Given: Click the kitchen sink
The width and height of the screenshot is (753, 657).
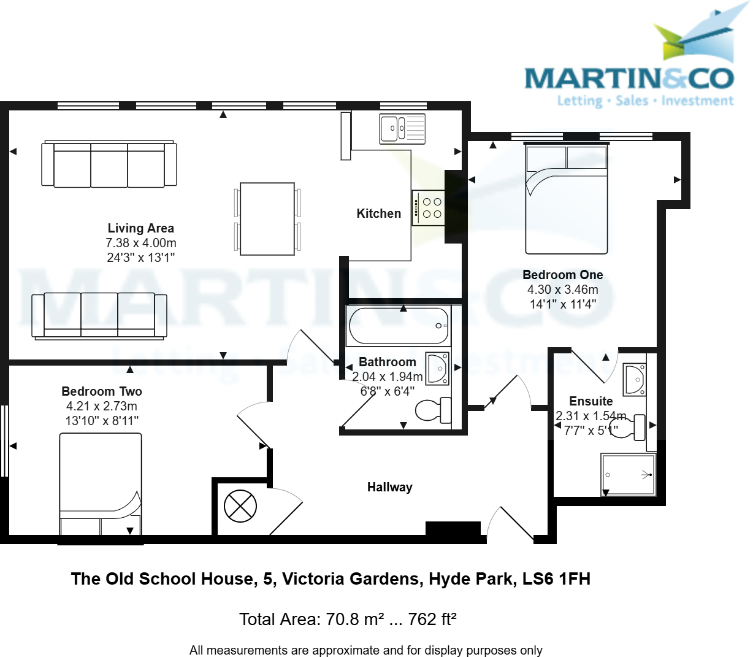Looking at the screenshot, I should coord(402,129).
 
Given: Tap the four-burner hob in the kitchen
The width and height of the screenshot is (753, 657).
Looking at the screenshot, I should coord(429,208).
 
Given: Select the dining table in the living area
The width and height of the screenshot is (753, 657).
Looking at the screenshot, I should coord(267,218).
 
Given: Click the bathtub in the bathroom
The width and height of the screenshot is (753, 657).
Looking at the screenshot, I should coord(399,326).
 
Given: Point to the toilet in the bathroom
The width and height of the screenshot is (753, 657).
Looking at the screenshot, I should coord(433,410).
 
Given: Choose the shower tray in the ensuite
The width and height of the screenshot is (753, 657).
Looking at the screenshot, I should coord(628,474).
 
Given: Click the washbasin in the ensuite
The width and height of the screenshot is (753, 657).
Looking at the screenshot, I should coord(634,380).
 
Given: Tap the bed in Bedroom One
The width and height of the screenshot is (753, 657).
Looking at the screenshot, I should coord(566,198).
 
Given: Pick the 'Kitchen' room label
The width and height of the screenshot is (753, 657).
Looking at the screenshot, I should coord(379,213).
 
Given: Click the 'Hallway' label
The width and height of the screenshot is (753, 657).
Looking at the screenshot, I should coord(390,487).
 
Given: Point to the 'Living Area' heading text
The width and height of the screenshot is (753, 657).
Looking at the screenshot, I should coord(140,228).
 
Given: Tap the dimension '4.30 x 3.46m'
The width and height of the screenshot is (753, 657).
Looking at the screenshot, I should coord(562,290).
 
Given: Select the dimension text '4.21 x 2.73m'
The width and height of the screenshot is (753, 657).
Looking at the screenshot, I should coord(102,406).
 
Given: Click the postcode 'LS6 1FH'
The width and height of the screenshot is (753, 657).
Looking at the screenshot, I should coord(556,578).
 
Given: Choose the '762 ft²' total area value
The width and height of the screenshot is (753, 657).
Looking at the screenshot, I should coord(432,619).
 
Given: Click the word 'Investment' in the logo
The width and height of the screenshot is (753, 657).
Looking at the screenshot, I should coord(697,101).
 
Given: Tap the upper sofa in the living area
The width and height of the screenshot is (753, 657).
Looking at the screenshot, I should coord(109,164).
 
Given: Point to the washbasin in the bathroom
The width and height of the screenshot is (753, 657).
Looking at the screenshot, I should coord(438,368).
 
